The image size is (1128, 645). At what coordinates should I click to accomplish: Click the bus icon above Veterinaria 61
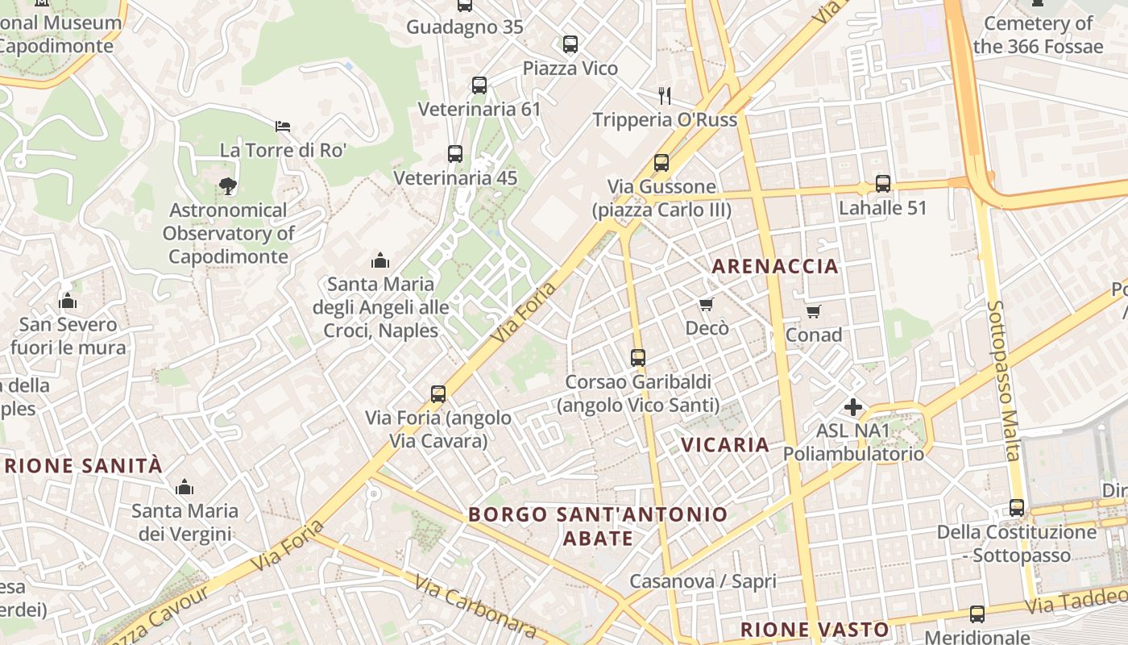479,85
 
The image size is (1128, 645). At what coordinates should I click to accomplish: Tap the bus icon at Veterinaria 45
455,153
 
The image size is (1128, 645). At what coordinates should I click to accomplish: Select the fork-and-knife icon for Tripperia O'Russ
665,95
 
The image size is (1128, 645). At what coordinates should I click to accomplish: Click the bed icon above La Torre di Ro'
282,126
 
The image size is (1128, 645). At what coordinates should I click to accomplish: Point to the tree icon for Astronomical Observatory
228,186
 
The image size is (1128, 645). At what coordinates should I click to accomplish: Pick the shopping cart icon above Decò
707,304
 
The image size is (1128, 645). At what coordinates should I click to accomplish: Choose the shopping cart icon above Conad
814,311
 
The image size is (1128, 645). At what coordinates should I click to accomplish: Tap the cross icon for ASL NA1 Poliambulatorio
853,407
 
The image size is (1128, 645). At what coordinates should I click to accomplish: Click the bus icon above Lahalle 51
883,183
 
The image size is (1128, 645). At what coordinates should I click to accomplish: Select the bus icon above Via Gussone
661,162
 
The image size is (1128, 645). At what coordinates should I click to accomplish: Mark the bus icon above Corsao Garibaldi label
638,357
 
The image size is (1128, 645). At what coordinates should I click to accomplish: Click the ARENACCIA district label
775,266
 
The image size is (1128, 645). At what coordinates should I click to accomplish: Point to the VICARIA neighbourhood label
725,444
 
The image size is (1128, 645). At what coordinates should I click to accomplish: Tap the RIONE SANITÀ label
84,465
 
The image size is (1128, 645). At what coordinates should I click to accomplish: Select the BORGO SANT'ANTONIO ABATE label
598,526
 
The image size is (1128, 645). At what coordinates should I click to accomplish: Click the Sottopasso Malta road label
1003,380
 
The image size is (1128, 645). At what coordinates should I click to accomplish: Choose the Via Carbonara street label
475,605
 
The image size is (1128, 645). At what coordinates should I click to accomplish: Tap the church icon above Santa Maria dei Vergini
185,487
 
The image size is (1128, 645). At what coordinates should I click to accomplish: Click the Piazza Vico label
570,68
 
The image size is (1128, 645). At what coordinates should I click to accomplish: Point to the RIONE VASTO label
815,630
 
